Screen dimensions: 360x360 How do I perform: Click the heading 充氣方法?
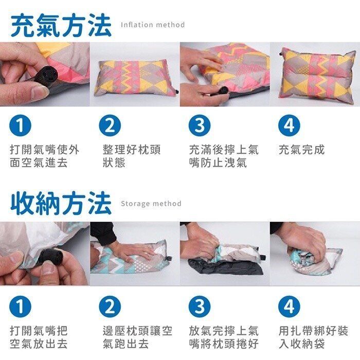click(61, 24)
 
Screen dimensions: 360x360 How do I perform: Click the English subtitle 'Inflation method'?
click(152, 25)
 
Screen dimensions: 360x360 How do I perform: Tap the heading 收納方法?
click(61, 203)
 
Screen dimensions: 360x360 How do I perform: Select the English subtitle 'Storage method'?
click(151, 204)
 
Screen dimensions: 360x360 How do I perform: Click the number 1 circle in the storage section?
click(21, 307)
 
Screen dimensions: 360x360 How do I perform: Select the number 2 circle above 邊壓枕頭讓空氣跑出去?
click(110, 307)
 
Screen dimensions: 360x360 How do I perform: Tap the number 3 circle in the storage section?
click(199, 307)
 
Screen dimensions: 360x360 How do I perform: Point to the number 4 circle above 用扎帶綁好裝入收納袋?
click(289, 307)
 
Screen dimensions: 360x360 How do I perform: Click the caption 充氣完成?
click(302, 150)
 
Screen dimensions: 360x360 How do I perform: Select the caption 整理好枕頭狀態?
click(132, 156)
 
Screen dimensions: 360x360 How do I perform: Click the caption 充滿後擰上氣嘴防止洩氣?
click(224, 156)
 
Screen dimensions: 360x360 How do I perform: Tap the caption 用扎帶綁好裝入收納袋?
click(313, 337)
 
